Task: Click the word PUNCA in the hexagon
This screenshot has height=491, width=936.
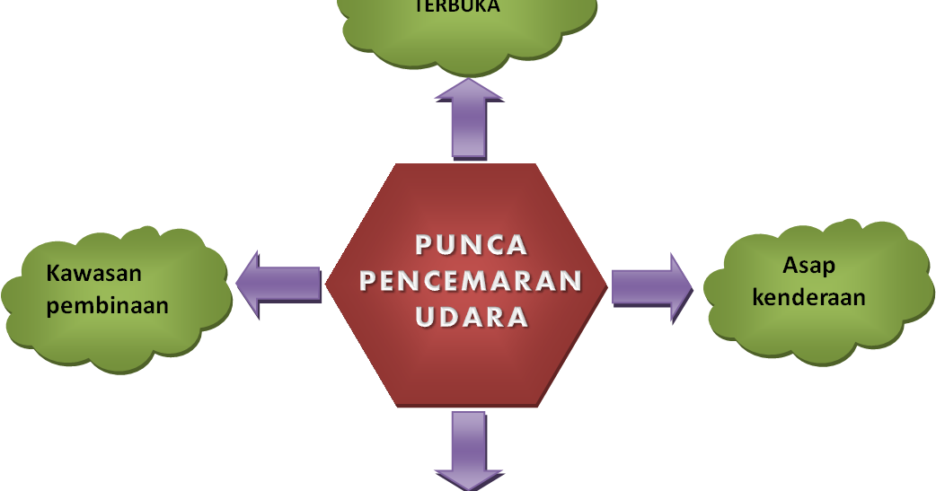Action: [472, 244]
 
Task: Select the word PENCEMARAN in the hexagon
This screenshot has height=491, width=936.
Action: [472, 281]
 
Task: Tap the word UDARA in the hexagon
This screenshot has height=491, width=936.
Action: [472, 318]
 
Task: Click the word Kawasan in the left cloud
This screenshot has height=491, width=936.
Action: [94, 272]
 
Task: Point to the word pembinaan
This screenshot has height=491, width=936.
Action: [108, 305]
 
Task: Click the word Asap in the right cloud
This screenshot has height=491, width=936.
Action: [808, 265]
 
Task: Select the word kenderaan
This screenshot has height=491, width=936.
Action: [808, 296]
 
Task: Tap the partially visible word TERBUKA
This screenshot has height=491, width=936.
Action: [456, 7]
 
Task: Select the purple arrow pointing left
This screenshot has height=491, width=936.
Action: [279, 284]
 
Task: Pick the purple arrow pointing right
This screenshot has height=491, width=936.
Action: [652, 286]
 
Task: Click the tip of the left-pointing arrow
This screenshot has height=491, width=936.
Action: [237, 284]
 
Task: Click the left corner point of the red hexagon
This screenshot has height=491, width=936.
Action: [326, 285]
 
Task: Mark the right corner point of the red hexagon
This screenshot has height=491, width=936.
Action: [610, 285]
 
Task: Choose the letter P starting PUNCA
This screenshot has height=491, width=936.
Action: [425, 244]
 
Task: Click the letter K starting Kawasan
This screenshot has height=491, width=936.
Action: [53, 272]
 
